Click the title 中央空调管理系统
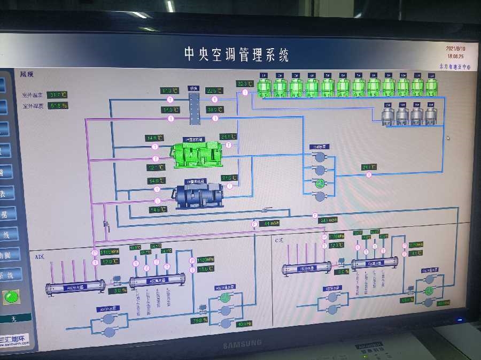pos(236,54)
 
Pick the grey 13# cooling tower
pos(389,115)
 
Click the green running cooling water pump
pos(320,183)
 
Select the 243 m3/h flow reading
pos(328,219)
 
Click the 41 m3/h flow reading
pos(272,224)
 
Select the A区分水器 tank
pos(75,288)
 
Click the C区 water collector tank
pos(374,263)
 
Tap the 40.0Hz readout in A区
pos(243,324)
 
